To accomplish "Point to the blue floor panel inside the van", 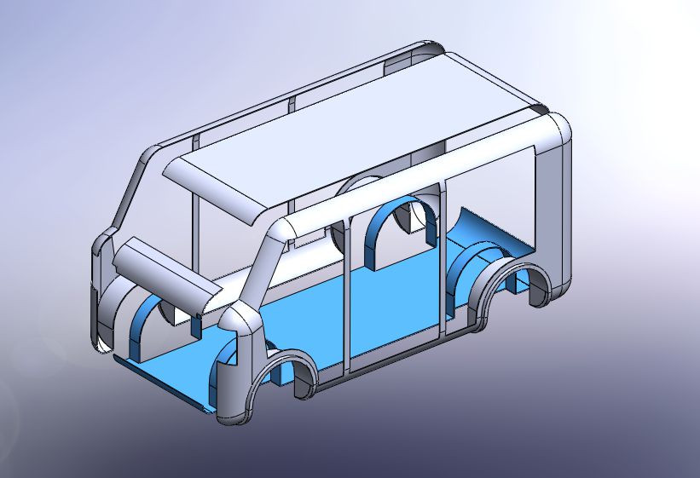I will pyautogui.click(x=384, y=298).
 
